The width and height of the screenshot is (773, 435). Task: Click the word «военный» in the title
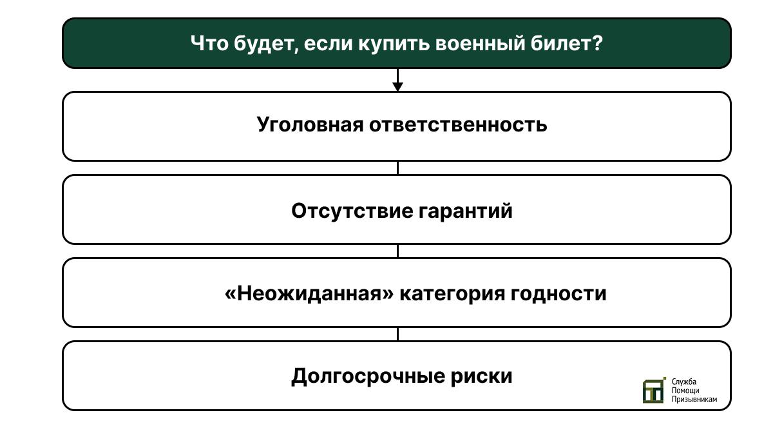point(480,44)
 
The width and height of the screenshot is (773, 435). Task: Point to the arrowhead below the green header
point(398,87)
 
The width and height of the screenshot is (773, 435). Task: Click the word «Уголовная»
point(310,124)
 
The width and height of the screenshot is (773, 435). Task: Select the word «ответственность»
point(458,124)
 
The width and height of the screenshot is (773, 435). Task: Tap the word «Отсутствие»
point(352,211)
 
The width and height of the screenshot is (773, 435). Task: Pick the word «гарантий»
point(466,211)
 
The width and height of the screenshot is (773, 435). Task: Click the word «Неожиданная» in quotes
point(309,294)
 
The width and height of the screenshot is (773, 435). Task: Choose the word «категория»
point(452,294)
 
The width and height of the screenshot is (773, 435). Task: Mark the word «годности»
point(558,294)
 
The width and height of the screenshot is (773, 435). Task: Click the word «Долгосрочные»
point(368,376)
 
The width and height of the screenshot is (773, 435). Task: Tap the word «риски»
point(481,376)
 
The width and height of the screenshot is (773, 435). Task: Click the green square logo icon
point(654,391)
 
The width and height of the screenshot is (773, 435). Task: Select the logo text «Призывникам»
point(694,400)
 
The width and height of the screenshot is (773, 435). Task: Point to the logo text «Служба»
point(684,382)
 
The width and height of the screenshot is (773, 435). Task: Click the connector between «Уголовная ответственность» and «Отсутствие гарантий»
point(398,168)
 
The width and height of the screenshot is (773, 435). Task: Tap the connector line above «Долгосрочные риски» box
point(398,334)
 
